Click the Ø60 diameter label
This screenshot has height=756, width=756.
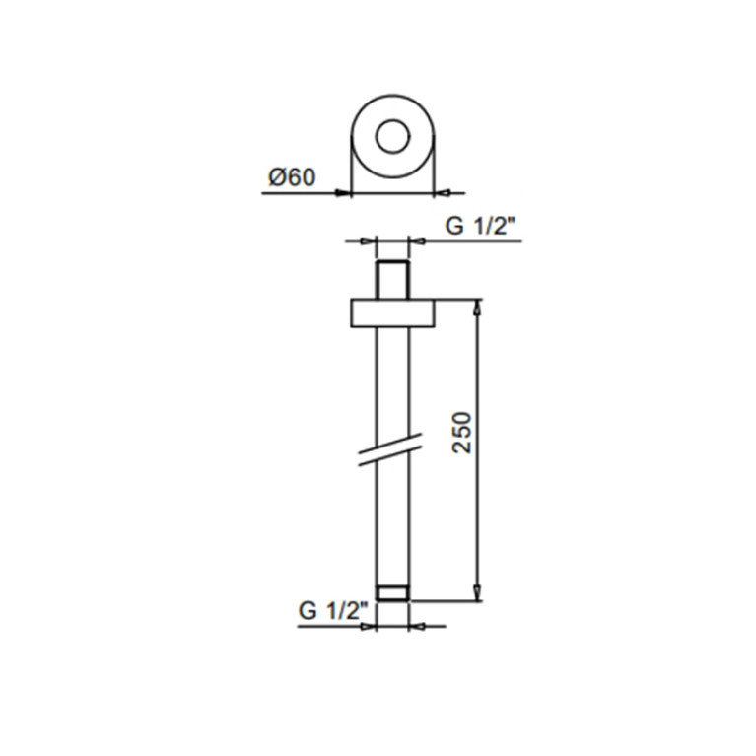pos(292,177)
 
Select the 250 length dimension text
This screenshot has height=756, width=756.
pos(462,433)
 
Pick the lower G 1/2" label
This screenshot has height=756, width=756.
pos(333,611)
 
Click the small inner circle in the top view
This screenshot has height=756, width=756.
pos(393,119)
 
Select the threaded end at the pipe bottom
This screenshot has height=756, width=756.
pos(393,593)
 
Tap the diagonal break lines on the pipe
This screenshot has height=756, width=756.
pos(390,449)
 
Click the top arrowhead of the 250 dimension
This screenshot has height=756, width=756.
pos(477,308)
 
